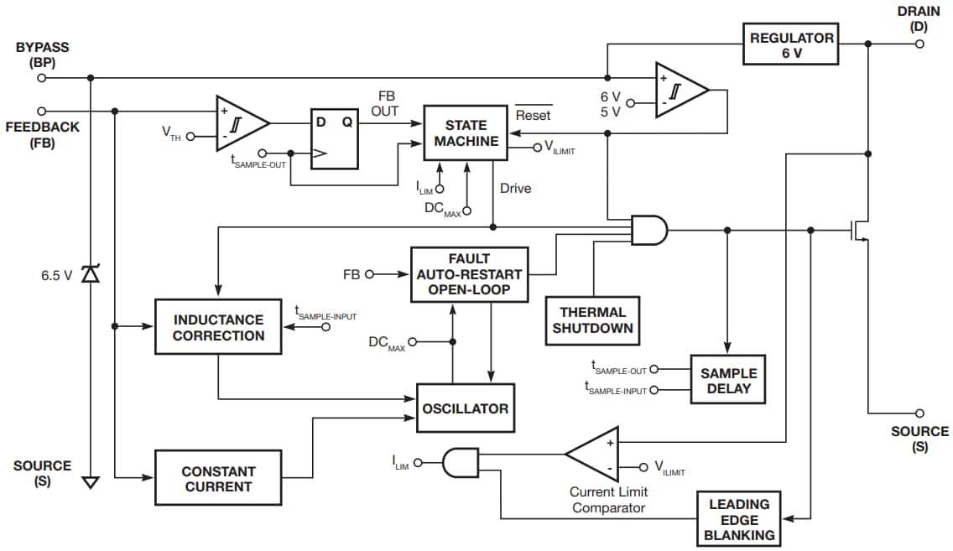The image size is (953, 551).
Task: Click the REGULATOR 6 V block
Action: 790,44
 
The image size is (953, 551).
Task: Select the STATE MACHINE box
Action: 466,133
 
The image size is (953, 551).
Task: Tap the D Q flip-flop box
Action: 334,139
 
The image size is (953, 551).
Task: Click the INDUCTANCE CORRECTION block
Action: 218,327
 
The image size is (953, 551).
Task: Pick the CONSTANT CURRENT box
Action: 218,479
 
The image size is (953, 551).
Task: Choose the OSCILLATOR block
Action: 466,408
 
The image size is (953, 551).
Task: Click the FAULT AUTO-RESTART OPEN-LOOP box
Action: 469,274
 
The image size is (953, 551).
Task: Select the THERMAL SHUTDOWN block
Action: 592,320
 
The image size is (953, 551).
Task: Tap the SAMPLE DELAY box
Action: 728,380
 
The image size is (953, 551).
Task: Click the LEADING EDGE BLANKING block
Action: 739,519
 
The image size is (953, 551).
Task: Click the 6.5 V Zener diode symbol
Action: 90,274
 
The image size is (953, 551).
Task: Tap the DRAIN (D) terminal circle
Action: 919,44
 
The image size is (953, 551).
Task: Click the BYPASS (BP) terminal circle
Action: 40,77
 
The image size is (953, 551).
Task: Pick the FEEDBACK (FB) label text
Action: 42,134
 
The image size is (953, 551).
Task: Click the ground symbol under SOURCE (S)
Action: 90,482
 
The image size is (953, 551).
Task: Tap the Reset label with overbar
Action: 534,115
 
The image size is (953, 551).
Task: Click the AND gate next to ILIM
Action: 459,461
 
